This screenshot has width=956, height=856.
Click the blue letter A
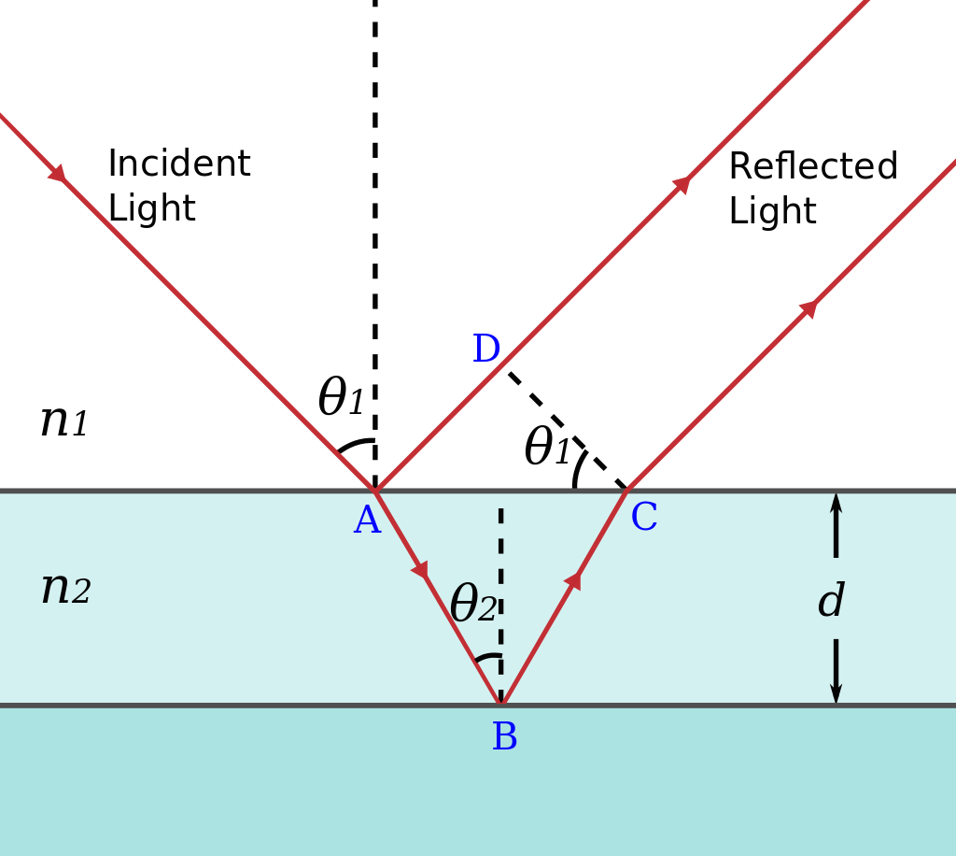(367, 521)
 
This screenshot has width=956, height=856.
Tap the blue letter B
(504, 738)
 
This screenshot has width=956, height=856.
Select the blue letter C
(644, 519)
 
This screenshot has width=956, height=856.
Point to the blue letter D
(486, 350)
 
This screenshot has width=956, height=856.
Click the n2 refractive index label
(65, 589)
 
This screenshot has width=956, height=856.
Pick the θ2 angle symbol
(472, 605)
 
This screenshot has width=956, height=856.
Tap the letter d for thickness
(831, 603)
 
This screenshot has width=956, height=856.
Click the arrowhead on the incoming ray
(58, 174)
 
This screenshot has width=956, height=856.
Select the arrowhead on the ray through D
(682, 184)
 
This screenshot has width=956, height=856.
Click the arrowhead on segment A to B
(421, 569)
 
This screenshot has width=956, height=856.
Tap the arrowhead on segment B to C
(573, 580)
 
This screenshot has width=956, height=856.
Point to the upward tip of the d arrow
(836, 499)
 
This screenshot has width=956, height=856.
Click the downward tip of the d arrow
(836, 697)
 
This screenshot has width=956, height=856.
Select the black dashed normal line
(500, 561)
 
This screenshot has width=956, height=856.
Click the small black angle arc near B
(487, 658)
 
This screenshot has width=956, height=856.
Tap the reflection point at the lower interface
(500, 705)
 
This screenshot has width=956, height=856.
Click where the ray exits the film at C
(627, 490)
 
